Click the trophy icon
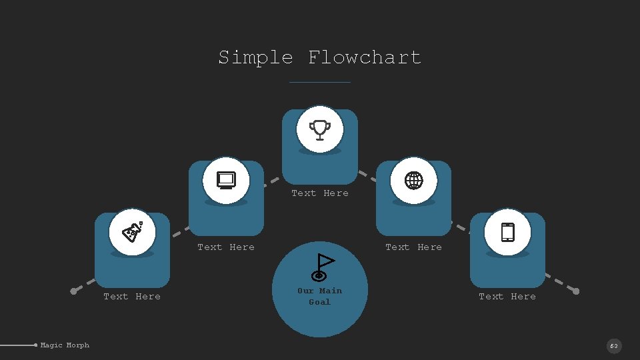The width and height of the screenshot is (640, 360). point(320,129)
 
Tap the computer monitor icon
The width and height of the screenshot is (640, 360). point(226,180)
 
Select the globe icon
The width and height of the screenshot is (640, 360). point(414,180)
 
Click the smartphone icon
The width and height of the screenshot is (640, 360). point(507,232)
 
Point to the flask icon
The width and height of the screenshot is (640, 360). point(132,232)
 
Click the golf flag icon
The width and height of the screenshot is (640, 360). point(322,267)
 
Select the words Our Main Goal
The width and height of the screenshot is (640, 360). point(320,296)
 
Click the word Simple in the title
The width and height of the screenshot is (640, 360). point(255,57)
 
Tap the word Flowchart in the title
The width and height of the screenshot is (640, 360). point(365,57)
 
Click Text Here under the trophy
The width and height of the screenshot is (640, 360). point(320,193)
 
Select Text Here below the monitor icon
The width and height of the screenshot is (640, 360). point(226,247)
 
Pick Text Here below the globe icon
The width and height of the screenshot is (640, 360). point(414,247)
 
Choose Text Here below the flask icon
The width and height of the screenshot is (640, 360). point(132,297)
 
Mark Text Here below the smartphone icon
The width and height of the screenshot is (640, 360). point(507,297)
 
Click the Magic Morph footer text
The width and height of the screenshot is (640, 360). point(65,345)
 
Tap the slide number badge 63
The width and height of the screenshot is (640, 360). point(614,346)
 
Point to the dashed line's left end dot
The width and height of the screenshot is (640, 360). point(74,291)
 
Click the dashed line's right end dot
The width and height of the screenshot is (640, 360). point(576,291)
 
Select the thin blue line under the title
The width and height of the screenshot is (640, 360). point(320,82)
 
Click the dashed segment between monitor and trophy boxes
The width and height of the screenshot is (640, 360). point(272,180)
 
